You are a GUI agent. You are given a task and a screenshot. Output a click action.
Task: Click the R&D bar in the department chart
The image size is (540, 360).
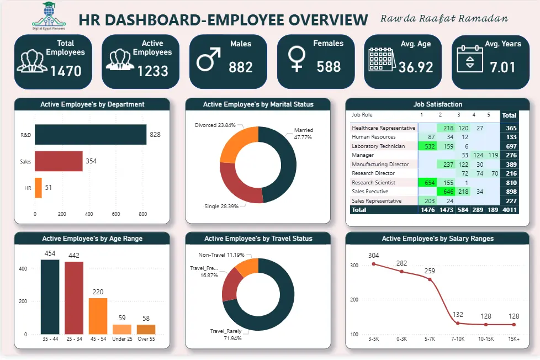coord(91,134)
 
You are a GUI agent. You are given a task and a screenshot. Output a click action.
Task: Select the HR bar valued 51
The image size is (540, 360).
coord(38,188)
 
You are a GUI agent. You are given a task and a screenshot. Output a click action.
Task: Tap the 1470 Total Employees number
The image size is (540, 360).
coord(66,71)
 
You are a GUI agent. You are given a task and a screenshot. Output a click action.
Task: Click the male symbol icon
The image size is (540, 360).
coord(208,59)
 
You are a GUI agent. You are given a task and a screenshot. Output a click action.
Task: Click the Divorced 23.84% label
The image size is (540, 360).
coord(215,125)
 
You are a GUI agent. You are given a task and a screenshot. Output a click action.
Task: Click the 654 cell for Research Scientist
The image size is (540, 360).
coord(427,183)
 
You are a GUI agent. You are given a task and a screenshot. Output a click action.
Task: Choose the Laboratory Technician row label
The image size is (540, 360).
coord(378,146)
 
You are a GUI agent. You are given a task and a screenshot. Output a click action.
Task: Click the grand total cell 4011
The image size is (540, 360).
coord(509,210)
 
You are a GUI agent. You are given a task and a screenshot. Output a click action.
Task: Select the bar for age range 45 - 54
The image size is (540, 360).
coord(98,316)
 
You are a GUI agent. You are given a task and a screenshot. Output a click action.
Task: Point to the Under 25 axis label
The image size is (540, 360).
coord(122,338)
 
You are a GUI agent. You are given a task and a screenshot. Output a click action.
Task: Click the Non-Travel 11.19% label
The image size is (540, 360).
coord(221,255)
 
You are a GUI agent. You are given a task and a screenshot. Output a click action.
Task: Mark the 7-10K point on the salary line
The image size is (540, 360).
coord(457,323)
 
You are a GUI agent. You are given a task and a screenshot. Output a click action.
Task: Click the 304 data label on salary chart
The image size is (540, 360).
coord(374,255)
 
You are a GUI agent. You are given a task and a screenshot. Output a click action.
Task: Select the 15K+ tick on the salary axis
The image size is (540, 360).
coord(514,338)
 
